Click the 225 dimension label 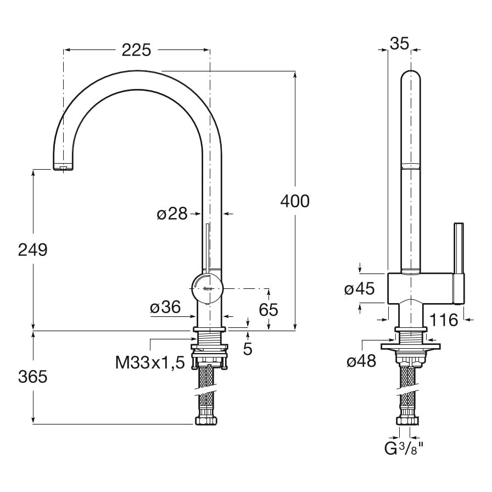tap(136, 50)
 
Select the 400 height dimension tap(295, 201)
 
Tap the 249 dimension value tap(32, 250)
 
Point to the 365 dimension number tap(32, 377)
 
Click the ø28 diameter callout tap(172, 214)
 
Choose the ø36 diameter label tap(165, 307)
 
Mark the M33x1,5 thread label tap(150, 362)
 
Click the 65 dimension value tap(269, 310)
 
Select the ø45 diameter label tap(359, 288)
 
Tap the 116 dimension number tap(444, 320)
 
